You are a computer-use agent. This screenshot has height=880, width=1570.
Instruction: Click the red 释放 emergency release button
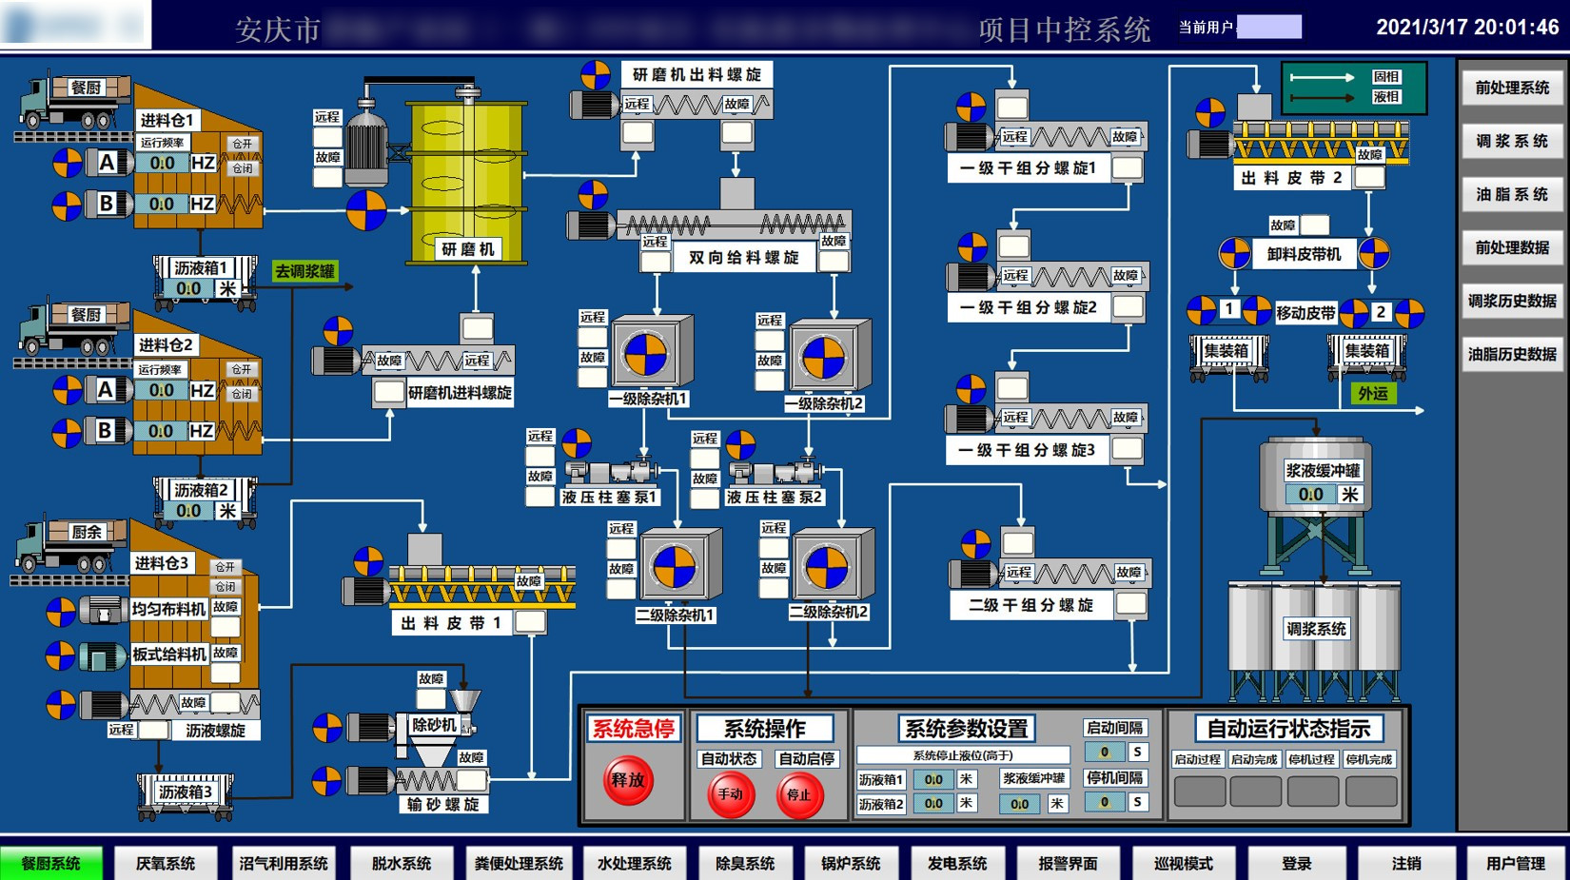coord(628,780)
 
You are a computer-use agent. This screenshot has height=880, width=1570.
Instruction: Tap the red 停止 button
coord(799,795)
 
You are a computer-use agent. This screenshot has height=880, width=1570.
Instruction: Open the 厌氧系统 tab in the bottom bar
coord(166,864)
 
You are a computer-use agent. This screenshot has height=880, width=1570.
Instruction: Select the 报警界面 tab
coord(1068,864)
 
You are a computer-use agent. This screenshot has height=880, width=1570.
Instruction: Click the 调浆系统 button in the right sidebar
coord(1512,141)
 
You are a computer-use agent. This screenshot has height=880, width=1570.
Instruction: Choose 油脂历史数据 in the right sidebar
coord(1512,354)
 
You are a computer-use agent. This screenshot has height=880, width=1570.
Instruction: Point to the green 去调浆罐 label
coord(304,271)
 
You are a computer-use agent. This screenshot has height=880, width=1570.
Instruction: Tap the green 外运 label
coord(1372,393)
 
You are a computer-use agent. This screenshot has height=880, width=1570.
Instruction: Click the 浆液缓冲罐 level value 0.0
coord(1310,495)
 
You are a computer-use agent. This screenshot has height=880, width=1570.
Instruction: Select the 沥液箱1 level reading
coord(188,288)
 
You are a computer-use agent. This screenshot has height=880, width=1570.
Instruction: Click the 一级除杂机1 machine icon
coord(646,354)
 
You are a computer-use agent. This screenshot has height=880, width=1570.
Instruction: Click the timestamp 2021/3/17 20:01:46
coord(1467,27)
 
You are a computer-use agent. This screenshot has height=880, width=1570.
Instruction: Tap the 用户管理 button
coord(1516,864)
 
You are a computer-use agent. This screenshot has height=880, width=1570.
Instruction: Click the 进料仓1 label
coord(167,120)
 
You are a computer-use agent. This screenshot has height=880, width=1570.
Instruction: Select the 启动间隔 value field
coord(1105,752)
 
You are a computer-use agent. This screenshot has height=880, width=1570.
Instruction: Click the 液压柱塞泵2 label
coord(775,497)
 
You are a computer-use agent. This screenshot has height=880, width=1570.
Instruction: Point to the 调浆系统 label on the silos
coord(1316,629)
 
